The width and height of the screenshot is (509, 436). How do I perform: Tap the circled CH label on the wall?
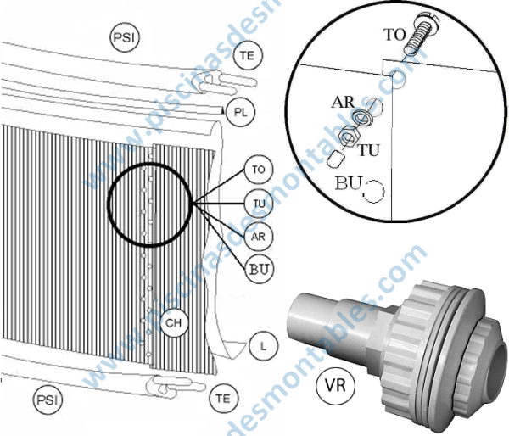pyautogui.click(x=173, y=323)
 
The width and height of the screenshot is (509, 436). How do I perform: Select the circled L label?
pyautogui.click(x=263, y=346)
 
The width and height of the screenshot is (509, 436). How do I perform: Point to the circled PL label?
pyautogui.click(x=239, y=111)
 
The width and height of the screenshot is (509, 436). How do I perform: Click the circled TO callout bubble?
pyautogui.click(x=259, y=169)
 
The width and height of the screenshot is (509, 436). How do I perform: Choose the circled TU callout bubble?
pyautogui.click(x=259, y=203)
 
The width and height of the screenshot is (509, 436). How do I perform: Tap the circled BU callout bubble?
pyautogui.click(x=260, y=269)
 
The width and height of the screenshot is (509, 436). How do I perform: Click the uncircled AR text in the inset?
pyautogui.click(x=343, y=103)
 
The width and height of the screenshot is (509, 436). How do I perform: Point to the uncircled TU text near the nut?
pyautogui.click(x=368, y=150)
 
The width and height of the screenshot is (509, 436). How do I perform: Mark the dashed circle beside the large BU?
pyautogui.click(x=373, y=190)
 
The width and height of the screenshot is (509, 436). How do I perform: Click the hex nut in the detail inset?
pyautogui.click(x=348, y=136)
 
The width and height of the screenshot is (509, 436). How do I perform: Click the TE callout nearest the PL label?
pyautogui.click(x=246, y=56)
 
